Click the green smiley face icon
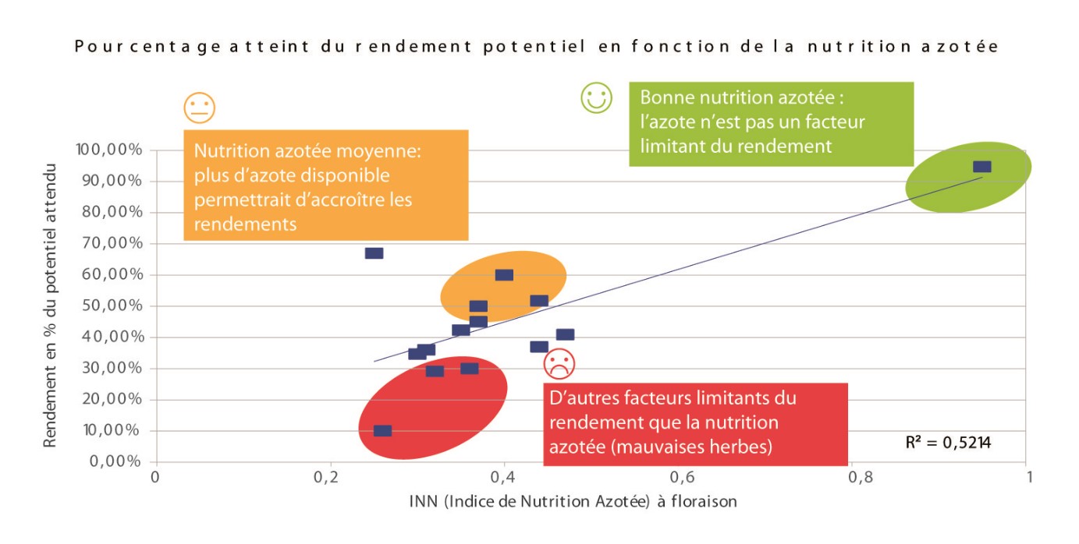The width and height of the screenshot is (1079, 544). (596, 98)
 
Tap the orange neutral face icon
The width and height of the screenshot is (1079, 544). (199, 108)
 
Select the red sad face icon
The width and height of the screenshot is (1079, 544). (559, 362)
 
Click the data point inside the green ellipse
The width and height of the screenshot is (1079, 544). (981, 167)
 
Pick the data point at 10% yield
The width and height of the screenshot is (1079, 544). (382, 431)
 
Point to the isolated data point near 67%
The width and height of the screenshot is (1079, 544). (374, 253)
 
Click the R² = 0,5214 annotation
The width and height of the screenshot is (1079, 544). (948, 443)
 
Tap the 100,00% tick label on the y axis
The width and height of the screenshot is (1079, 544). (108, 150)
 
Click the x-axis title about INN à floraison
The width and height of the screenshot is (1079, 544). (573, 501)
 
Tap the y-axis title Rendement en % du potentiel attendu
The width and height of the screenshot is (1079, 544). (51, 306)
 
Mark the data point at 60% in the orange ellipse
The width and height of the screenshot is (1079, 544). (504, 275)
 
